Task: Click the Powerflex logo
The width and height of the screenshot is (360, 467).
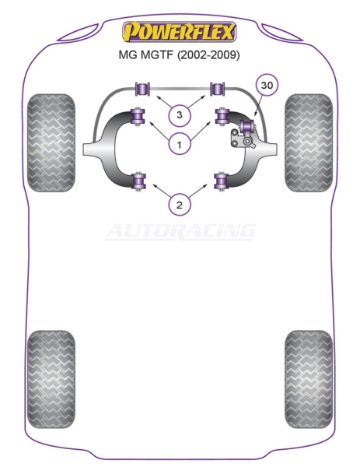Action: click(180, 32)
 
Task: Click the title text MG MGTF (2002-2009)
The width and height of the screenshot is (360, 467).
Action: click(179, 55)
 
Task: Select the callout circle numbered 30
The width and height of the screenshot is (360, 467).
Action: click(266, 85)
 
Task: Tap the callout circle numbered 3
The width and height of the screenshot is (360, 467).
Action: click(179, 114)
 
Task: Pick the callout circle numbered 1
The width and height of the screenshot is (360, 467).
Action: click(179, 145)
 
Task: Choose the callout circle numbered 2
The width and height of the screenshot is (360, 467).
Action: click(179, 205)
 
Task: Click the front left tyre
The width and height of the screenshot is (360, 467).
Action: click(51, 142)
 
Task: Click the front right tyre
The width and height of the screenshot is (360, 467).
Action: click(309, 142)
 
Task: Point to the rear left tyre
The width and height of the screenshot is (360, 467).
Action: click(51, 379)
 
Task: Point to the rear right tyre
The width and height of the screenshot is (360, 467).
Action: click(309, 379)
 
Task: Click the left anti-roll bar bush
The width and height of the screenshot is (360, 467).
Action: click(142, 89)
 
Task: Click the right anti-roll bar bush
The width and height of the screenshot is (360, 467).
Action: click(218, 89)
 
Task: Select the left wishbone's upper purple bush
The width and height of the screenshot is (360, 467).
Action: click(138, 116)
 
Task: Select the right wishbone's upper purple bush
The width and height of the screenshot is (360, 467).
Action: click(222, 116)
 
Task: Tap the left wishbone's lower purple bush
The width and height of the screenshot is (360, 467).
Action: click(139, 181)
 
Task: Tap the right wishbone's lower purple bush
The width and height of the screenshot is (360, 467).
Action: click(221, 181)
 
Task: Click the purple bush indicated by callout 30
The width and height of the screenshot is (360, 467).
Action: click(248, 125)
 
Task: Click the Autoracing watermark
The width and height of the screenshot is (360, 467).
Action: click(180, 231)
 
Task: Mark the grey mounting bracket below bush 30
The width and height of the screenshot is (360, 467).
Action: click(242, 139)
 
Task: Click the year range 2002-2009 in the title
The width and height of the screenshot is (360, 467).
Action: click(208, 55)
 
